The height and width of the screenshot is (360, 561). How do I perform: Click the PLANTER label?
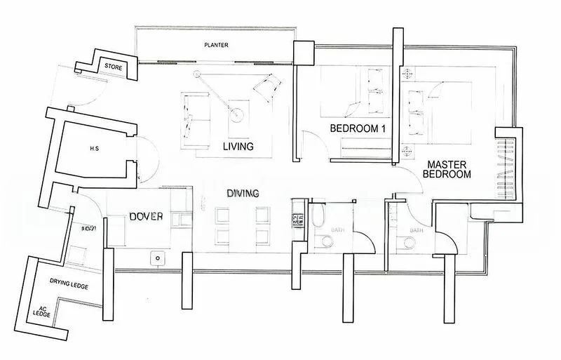tap(216, 46)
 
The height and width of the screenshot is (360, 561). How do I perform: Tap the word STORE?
tap(114, 66)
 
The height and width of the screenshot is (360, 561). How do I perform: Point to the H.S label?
tap(94, 149)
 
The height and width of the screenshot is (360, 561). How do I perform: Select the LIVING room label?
tap(238, 147)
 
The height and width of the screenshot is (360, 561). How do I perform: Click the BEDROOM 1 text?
tap(358, 128)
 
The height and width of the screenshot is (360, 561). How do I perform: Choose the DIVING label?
tap(243, 193)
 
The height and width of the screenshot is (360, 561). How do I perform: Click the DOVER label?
tap(147, 217)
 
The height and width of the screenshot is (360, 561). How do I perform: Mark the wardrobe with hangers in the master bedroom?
tap(506, 164)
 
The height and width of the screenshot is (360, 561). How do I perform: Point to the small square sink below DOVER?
tap(158, 257)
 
